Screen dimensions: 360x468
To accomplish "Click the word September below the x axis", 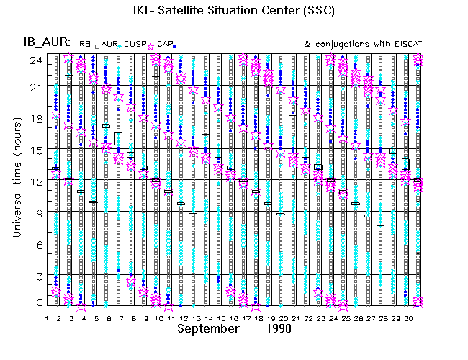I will (x=208, y=328).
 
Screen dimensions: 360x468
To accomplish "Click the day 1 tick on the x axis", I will (x=47, y=317).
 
